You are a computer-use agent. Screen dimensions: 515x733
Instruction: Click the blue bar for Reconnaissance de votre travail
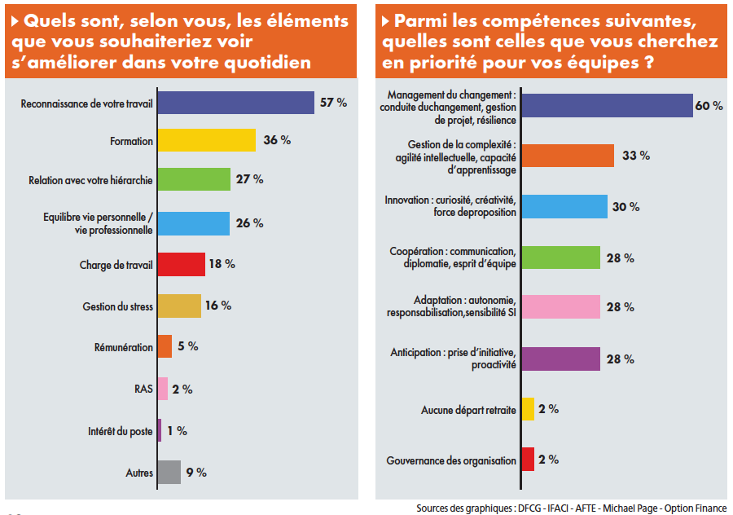click(235, 103)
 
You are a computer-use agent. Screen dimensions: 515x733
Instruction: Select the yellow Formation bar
click(206, 140)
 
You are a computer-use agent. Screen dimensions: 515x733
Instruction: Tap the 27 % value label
click(249, 179)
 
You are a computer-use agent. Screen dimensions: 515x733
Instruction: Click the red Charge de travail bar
click(180, 265)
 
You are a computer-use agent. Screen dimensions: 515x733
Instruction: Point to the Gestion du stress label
click(117, 306)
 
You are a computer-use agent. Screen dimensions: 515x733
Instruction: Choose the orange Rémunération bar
click(165, 346)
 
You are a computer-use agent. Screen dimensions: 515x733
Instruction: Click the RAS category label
click(143, 390)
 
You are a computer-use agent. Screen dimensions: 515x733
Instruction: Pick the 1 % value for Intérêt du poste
click(177, 431)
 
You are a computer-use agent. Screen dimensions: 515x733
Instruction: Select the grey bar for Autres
click(169, 473)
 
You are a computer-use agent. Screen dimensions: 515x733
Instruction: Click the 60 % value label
click(709, 106)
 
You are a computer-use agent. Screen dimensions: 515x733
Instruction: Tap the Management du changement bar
click(607, 106)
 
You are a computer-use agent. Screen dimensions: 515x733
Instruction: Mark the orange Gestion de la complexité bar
click(568, 156)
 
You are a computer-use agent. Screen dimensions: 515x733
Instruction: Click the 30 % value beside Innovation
click(625, 207)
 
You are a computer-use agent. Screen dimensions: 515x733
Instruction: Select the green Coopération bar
click(560, 257)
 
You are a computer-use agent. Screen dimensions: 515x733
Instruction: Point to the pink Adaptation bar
click(560, 307)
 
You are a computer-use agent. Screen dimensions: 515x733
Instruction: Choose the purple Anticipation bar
click(560, 359)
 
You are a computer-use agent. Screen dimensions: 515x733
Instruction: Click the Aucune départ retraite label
click(468, 410)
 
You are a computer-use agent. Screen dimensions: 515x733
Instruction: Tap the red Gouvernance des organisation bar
click(528, 460)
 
